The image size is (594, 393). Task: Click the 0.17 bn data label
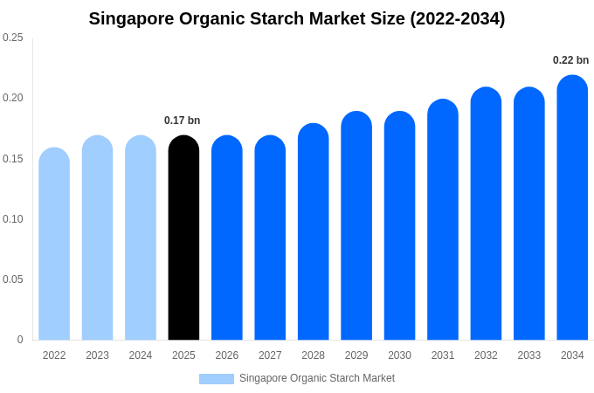[182, 121]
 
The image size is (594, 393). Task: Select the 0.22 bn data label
[570, 60]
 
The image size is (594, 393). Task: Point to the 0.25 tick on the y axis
[13, 38]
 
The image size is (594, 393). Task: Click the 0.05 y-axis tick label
[13, 279]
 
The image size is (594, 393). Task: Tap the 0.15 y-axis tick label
[13, 159]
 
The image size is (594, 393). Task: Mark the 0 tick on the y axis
[20, 340]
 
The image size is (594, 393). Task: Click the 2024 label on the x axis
[141, 355]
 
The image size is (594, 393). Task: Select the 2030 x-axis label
[399, 355]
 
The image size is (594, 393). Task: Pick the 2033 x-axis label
[529, 355]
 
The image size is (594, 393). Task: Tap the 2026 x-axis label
[227, 355]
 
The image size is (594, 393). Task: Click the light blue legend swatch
[216, 379]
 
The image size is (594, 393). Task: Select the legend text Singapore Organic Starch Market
[317, 378]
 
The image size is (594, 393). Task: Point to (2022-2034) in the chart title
[457, 18]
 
